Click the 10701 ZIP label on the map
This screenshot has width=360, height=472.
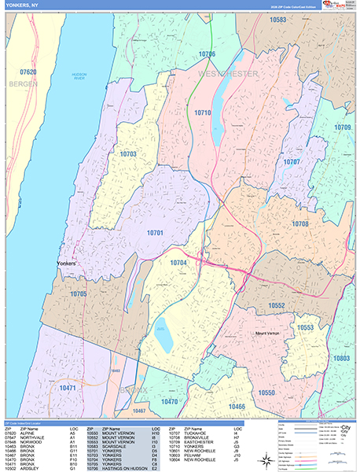coord(155,233)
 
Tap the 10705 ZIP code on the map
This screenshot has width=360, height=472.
coord(79,293)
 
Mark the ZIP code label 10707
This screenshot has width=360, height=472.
coord(292,162)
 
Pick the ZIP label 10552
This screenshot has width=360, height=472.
coord(276,304)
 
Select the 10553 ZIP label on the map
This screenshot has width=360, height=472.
coord(305,326)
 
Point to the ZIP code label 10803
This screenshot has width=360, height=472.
coord(341,358)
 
